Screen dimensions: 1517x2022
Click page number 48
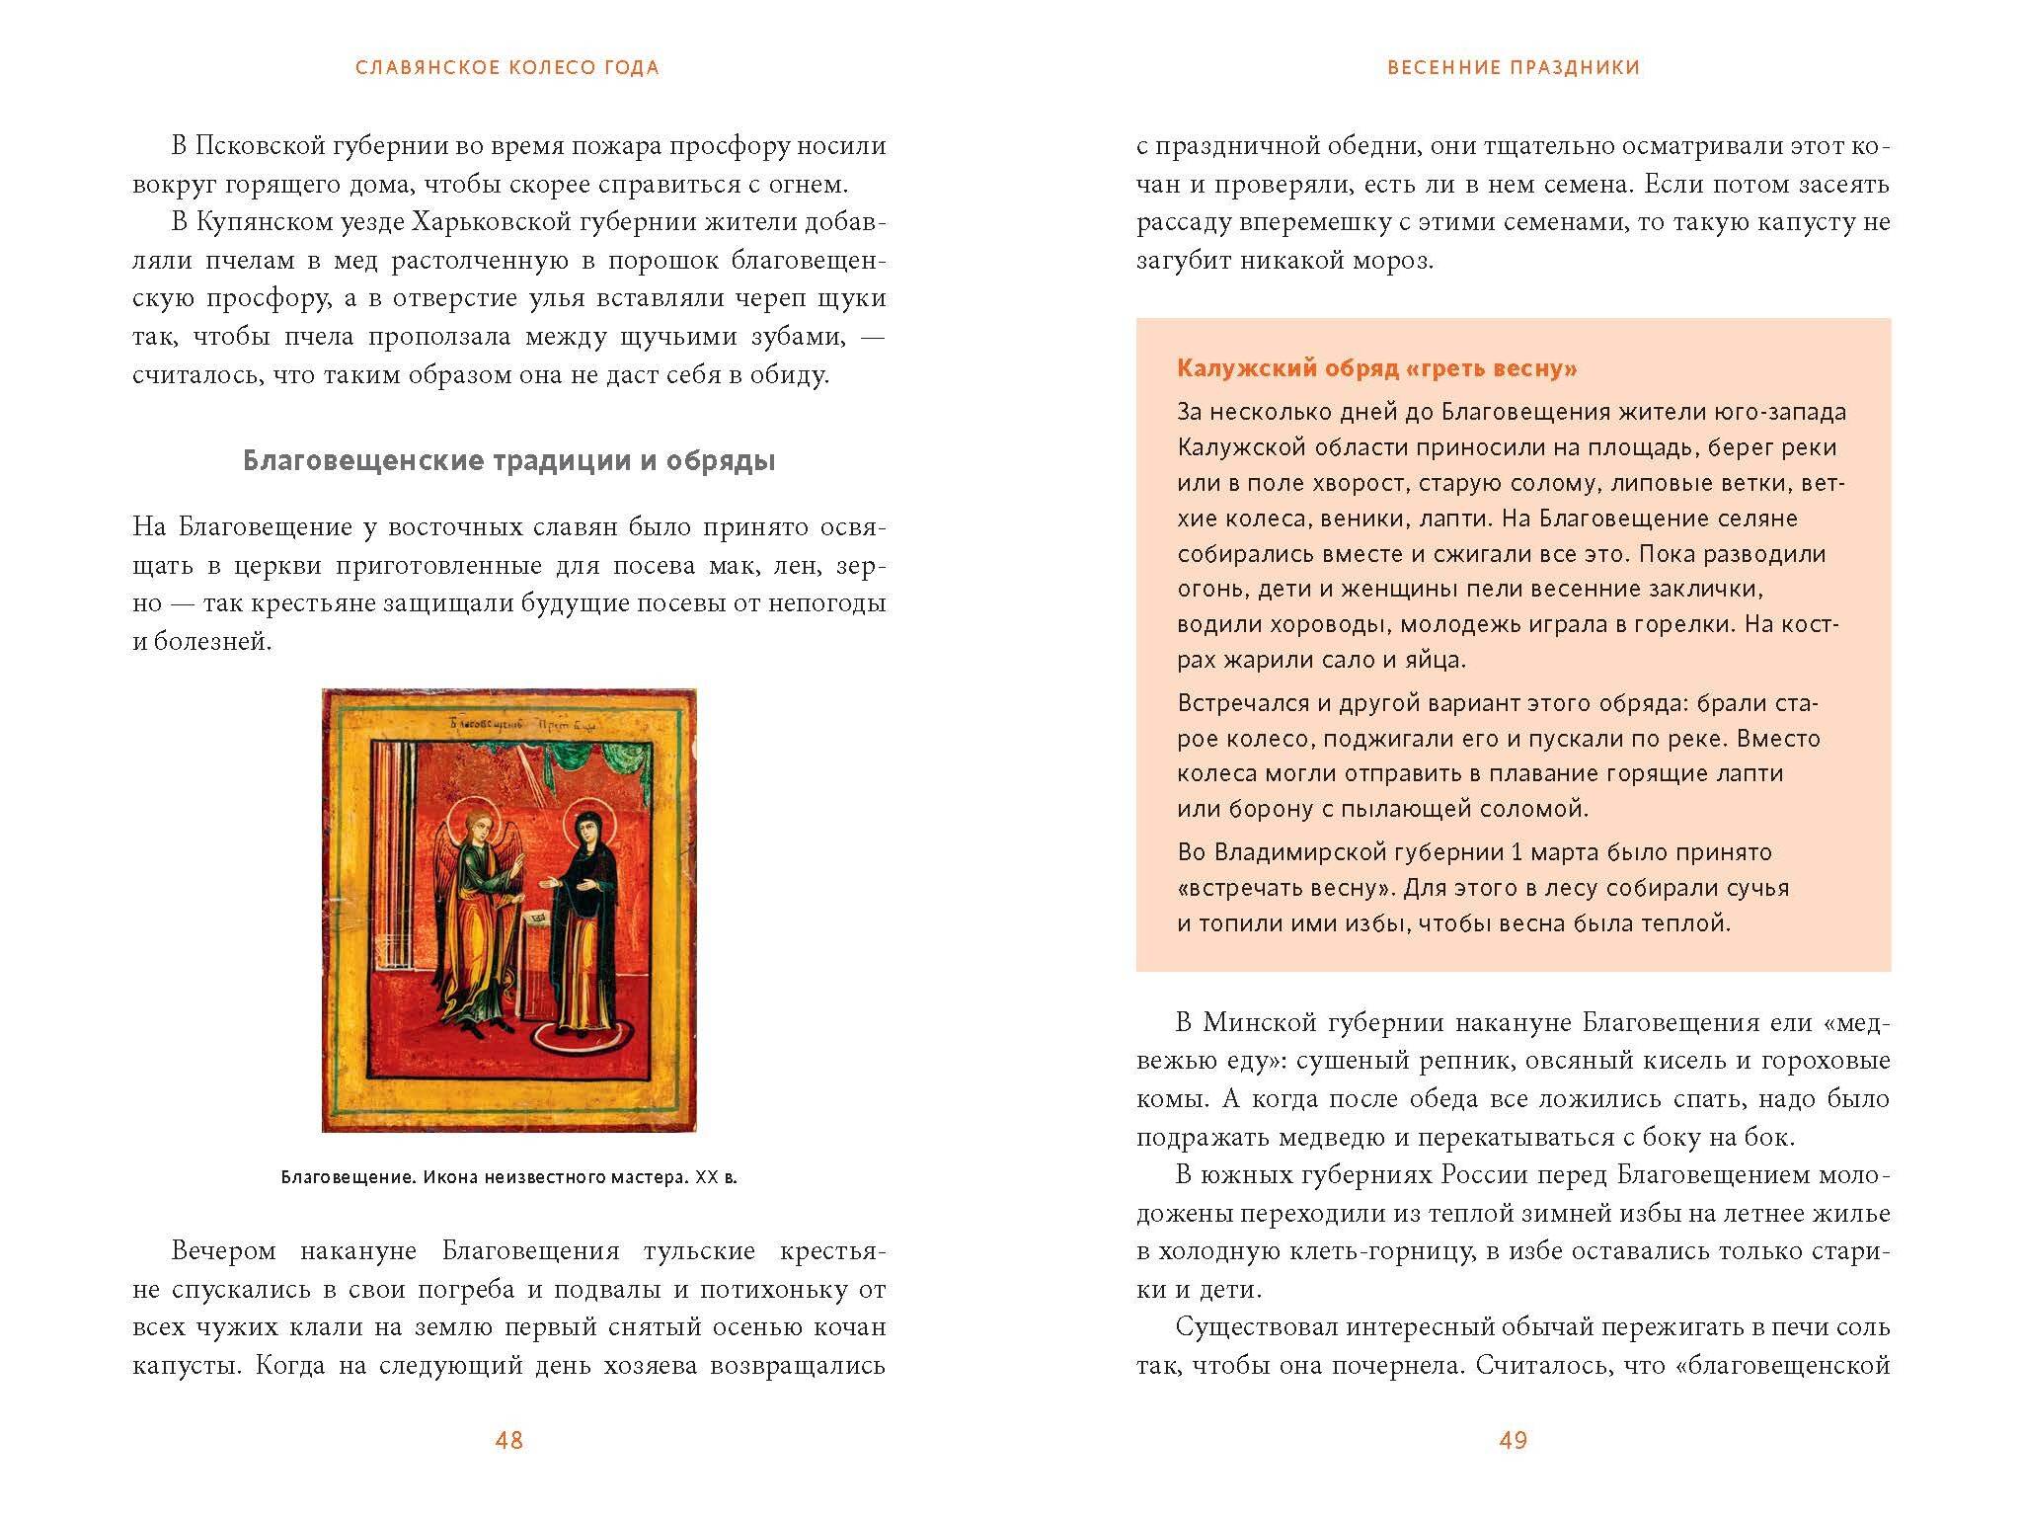tap(508, 1440)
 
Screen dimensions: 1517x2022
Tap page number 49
tap(1513, 1440)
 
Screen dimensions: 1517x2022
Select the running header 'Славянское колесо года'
tap(507, 68)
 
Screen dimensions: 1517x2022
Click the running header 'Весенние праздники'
tap(1514, 68)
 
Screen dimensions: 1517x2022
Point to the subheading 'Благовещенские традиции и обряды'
tap(508, 461)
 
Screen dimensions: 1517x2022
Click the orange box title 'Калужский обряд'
tap(1376, 369)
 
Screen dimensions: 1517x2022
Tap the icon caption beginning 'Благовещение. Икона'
tap(508, 1177)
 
